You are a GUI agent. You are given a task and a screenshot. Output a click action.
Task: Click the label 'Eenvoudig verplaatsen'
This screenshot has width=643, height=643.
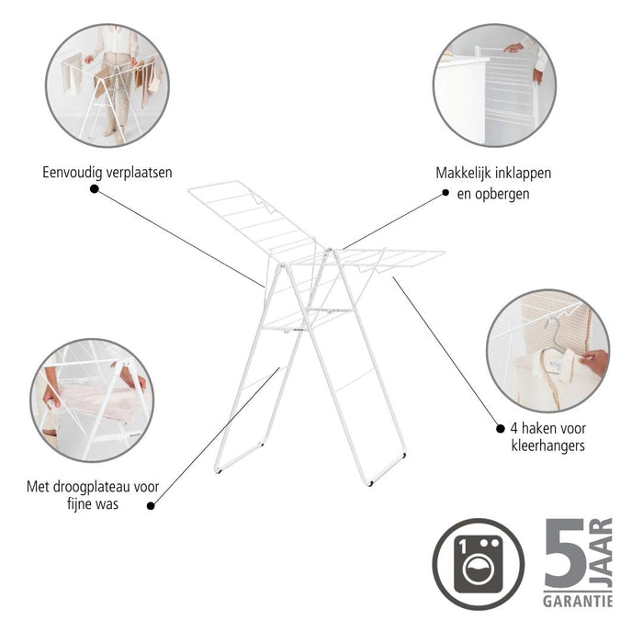tap(107, 172)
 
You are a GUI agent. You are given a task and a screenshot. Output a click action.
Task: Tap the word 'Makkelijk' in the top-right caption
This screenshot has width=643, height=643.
tap(468, 173)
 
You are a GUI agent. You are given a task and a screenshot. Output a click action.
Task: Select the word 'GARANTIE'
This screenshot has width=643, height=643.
tap(577, 602)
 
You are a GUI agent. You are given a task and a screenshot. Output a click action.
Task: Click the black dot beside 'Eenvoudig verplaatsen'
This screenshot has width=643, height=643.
tap(94, 188)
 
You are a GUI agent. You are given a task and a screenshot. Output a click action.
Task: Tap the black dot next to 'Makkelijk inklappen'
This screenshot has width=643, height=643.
tap(446, 193)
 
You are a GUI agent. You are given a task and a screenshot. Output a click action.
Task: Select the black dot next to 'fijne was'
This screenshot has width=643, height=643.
tap(151, 503)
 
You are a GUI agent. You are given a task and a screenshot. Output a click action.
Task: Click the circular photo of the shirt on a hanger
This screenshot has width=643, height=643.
tap(547, 350)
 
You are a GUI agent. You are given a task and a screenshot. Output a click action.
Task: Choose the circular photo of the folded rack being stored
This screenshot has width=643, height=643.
tap(493, 85)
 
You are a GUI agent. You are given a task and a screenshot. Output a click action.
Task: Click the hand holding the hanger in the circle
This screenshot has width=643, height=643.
tap(593, 362)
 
